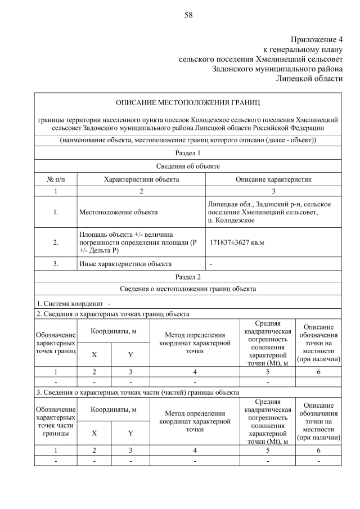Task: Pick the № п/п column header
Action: (x=56, y=179)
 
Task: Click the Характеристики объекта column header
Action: (x=141, y=179)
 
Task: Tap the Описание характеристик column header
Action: (x=273, y=179)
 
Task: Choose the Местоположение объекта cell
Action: (x=118, y=212)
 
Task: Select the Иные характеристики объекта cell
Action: (x=125, y=263)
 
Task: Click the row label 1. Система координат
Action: (x=73, y=304)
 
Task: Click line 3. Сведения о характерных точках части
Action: (x=138, y=392)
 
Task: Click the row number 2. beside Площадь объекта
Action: (x=56, y=242)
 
